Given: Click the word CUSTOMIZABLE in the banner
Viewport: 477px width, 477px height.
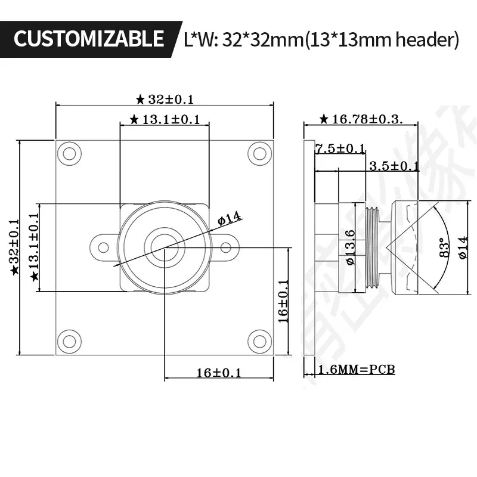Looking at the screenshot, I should click(88, 39).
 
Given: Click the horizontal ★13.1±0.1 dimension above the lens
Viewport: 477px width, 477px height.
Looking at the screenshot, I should click(165, 120).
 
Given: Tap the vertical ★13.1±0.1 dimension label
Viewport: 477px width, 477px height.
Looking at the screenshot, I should click(34, 247).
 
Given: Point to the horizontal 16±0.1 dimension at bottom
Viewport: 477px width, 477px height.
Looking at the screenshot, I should click(219, 373).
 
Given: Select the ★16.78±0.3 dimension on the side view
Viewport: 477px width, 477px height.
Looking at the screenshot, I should click(361, 119).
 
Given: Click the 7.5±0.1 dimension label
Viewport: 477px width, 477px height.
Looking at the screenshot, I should click(339, 148).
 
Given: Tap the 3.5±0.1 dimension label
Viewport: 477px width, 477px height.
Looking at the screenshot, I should click(394, 166).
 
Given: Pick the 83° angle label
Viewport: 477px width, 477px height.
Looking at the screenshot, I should click(442, 246).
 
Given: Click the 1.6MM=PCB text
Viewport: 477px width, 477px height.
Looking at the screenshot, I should click(357, 370).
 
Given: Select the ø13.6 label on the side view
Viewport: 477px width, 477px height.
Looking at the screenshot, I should click(350, 247).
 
